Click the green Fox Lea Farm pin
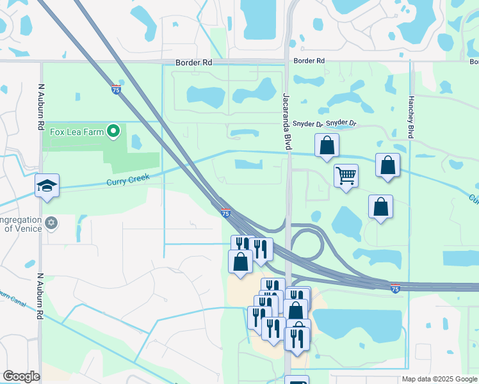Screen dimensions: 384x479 [114, 132]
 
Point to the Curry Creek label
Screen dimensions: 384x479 [127, 182]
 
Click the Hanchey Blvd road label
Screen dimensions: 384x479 [410, 118]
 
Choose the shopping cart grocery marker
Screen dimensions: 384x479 [346, 175]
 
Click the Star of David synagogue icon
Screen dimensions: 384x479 [52, 223]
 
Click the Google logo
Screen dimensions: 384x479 [21, 376]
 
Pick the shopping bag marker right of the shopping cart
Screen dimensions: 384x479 [387, 165]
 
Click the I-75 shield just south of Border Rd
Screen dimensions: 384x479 [116, 89]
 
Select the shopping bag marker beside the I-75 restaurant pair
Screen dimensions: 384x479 [240, 262]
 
